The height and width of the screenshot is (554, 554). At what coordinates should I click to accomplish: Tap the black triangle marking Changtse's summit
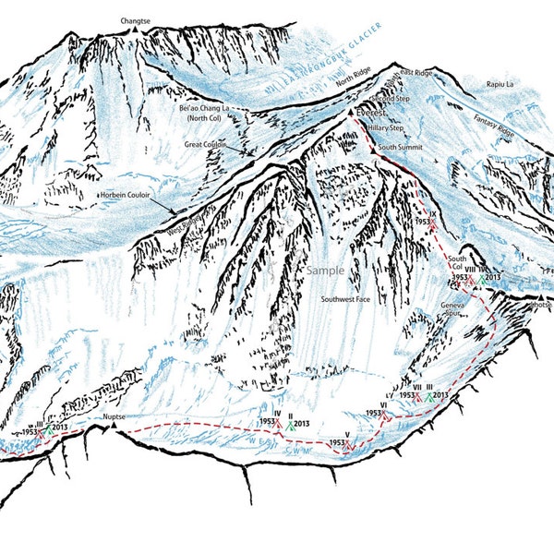click(x=135, y=30)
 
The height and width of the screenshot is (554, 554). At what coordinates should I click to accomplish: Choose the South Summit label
click(x=401, y=147)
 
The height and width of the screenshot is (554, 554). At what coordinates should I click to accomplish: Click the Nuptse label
click(x=114, y=416)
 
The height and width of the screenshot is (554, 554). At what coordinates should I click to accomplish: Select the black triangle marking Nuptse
click(x=114, y=428)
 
